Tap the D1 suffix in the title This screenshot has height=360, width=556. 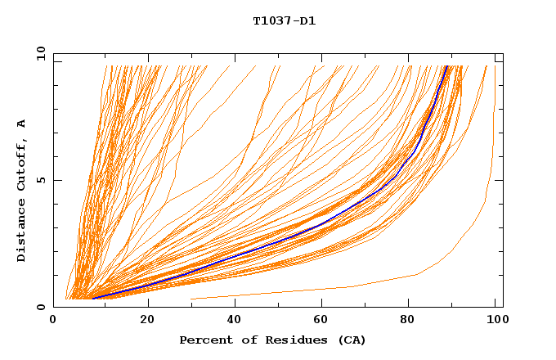(x=307, y=20)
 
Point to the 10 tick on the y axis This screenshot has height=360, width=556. (x=40, y=54)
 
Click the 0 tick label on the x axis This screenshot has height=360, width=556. (x=54, y=320)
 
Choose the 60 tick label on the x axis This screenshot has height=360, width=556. (x=320, y=320)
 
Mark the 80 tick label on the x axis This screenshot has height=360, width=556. (x=408, y=320)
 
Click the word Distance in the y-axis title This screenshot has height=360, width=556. (x=21, y=233)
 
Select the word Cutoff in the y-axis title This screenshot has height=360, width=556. (x=21, y=169)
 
